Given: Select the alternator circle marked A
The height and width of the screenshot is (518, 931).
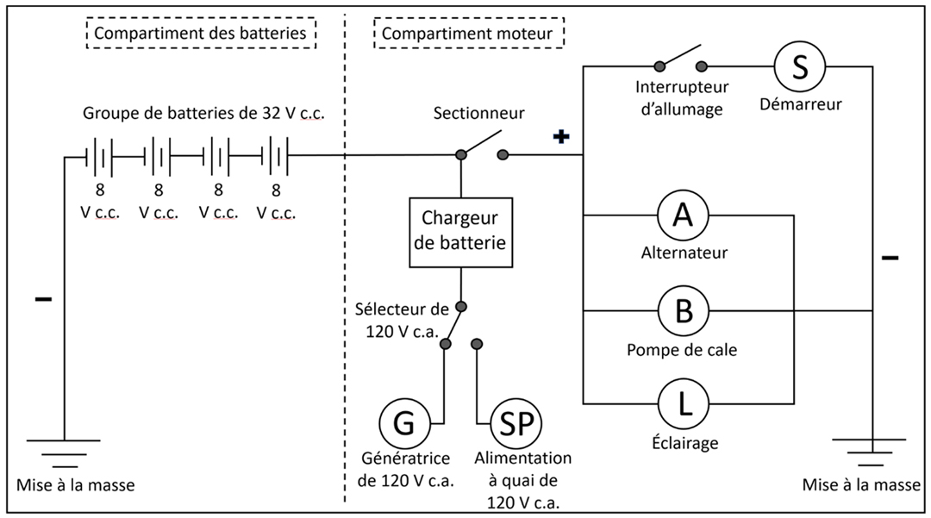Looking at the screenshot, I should click(x=684, y=215).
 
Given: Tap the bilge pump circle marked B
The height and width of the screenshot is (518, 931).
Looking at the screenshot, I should click(x=684, y=310).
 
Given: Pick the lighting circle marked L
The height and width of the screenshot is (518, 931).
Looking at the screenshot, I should click(x=684, y=403).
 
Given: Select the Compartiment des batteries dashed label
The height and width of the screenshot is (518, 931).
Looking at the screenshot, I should click(x=200, y=34).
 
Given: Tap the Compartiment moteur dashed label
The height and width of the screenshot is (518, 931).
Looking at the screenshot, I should click(x=469, y=34).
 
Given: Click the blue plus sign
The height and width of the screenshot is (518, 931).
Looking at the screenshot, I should click(x=561, y=136).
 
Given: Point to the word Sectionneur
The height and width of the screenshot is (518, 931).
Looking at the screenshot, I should click(x=478, y=113).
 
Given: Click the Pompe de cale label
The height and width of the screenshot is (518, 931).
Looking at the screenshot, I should click(x=684, y=350).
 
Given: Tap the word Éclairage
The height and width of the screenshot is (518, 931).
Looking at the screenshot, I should click(x=684, y=444).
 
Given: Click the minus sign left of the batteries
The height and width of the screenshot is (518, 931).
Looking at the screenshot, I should click(x=42, y=300).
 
